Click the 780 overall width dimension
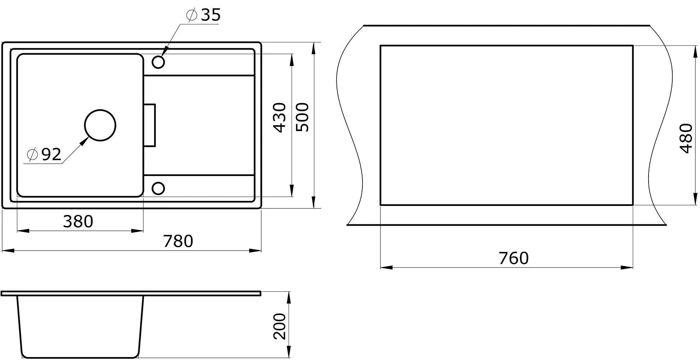[x=178, y=241]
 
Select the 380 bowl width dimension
[x=78, y=221]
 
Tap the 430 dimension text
[x=279, y=118]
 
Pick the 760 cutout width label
[x=514, y=258]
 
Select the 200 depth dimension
[x=279, y=327]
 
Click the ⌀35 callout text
[x=203, y=15]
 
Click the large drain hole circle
[x=100, y=110]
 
